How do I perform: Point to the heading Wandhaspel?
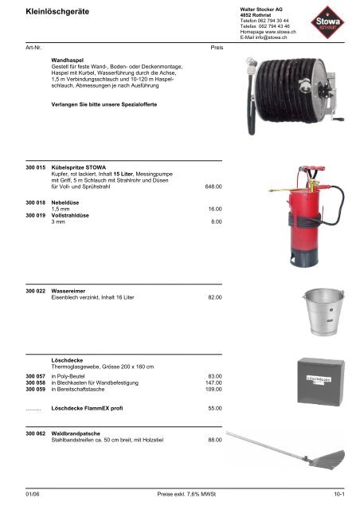tap(69, 60)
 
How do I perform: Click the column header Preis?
tap(216, 47)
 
